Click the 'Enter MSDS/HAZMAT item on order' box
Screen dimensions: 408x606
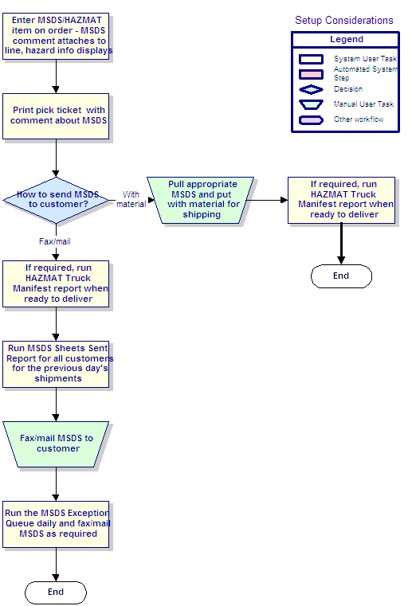pos(56,37)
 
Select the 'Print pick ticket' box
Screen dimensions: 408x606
pos(56,116)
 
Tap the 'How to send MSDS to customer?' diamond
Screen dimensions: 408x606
pos(57,200)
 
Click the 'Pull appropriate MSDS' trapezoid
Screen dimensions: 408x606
pos(200,200)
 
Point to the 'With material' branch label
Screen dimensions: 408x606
pos(131,199)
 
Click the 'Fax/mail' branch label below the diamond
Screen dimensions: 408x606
pos(54,241)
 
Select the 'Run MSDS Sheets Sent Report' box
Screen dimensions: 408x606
pos(56,365)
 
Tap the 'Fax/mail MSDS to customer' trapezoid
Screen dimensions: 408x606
pos(56,444)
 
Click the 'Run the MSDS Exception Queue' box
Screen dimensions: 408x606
pos(56,525)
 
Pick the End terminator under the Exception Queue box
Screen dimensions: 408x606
pos(56,592)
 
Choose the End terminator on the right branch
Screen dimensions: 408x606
pos(341,276)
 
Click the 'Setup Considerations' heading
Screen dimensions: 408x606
pos(343,21)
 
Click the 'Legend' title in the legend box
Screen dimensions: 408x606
pos(347,40)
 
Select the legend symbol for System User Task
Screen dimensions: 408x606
pos(311,59)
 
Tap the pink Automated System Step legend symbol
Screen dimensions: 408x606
pos(311,74)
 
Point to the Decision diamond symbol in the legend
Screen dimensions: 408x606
pos(311,90)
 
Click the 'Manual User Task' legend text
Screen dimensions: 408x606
pos(363,104)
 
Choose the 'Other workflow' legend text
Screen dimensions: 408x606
pos(359,119)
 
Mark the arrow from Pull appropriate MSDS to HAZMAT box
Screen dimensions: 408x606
pos(267,200)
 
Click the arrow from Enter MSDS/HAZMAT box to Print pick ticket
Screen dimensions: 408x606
pos(56,76)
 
